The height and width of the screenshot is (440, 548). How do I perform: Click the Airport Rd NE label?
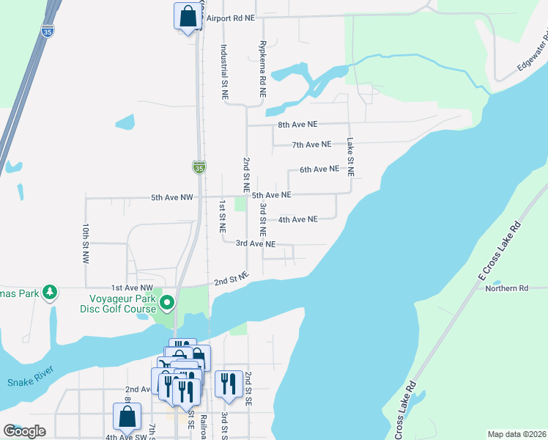[x=230, y=18]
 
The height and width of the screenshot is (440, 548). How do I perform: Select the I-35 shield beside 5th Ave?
[x=199, y=167]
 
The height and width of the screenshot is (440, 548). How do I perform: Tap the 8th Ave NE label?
[x=297, y=125]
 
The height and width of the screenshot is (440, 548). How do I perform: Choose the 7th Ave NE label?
[x=311, y=144]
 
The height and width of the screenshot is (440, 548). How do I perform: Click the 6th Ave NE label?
[x=319, y=169]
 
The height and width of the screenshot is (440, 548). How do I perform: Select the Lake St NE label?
[x=351, y=157]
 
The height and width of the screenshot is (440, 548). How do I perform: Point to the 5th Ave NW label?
[x=171, y=197]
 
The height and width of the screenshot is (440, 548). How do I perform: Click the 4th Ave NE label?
[x=297, y=219]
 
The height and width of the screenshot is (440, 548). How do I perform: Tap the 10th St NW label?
[x=86, y=243]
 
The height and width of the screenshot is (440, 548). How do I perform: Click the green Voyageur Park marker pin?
[x=168, y=302]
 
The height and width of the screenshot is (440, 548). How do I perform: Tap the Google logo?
[x=25, y=430]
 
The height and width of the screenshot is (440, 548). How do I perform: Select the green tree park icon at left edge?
[x=50, y=293]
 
